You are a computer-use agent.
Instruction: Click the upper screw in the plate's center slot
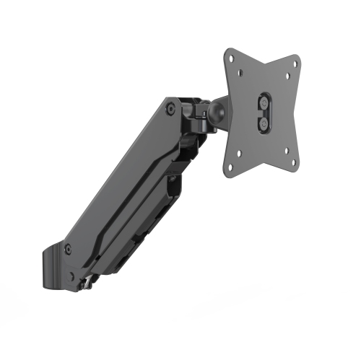265,105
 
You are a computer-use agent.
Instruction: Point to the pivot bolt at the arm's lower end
69,249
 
